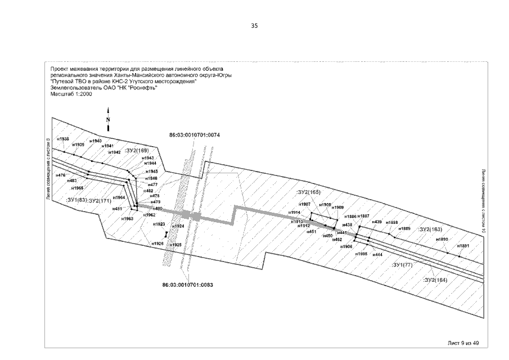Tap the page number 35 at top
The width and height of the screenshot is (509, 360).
pyautogui.click(x=254, y=26)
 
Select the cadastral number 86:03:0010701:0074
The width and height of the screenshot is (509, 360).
pyautogui.click(x=194, y=135)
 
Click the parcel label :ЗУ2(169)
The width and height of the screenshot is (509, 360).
pyautogui.click(x=136, y=151)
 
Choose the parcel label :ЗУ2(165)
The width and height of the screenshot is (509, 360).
pyautogui.click(x=308, y=192)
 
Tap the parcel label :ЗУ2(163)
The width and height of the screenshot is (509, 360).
pyautogui.click(x=430, y=229)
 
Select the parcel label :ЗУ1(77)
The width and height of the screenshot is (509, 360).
pyautogui.click(x=403, y=264)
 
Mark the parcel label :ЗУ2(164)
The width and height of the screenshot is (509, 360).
pyautogui.click(x=434, y=279)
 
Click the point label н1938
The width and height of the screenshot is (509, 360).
pyautogui.click(x=64, y=138)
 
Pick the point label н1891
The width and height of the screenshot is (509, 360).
pyautogui.click(x=463, y=246)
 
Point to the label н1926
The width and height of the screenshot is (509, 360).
pyautogui.click(x=157, y=243)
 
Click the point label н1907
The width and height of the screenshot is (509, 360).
pyautogui.click(x=305, y=204)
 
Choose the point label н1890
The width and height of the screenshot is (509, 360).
pyautogui.click(x=443, y=240)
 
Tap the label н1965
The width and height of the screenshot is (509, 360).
pyautogui.click(x=77, y=188)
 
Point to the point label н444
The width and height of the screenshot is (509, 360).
pyautogui.click(x=377, y=254)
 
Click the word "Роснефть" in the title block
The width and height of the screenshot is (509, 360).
pyautogui.click(x=143, y=88)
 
